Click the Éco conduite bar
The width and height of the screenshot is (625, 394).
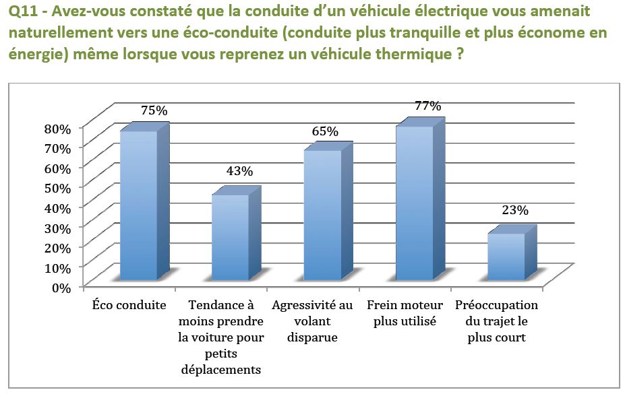tap(138, 205)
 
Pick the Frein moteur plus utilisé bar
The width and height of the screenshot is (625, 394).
tap(414, 203)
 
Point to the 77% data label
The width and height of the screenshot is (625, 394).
tap(427, 106)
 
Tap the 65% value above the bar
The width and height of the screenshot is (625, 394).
tap(325, 131)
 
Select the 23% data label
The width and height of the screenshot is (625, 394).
tap(515, 210)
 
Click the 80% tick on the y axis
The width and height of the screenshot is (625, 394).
tap(58, 129)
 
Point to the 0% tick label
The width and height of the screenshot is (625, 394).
tap(61, 287)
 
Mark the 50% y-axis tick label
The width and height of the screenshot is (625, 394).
tap(58, 188)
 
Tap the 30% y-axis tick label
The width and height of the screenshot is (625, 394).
tap(58, 228)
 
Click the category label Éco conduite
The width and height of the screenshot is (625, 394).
tap(129, 305)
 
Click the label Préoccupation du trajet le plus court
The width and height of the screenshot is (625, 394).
tap(497, 321)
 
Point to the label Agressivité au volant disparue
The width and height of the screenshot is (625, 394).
tap(313, 321)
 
